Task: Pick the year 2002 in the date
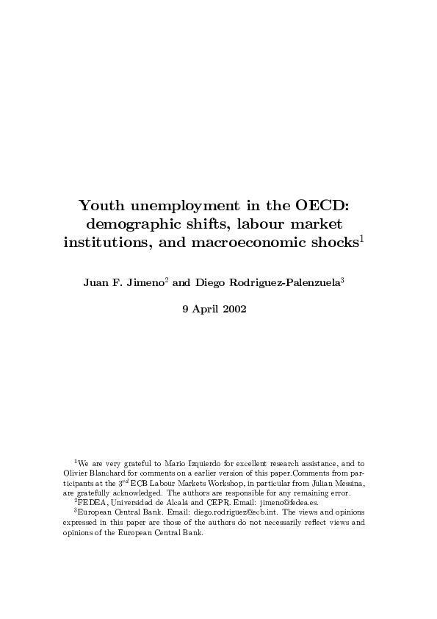[241, 309]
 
